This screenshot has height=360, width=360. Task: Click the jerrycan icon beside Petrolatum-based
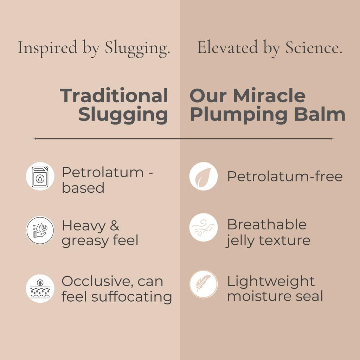pyautogui.click(x=40, y=176)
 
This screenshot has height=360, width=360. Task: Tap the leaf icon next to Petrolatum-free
pyautogui.click(x=204, y=176)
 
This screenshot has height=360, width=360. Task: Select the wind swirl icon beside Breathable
pyautogui.click(x=204, y=227)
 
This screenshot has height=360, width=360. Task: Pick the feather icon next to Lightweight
pyautogui.click(x=204, y=284)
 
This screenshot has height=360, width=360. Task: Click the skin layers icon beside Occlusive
pyautogui.click(x=40, y=288)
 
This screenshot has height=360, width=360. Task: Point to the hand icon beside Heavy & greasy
pyautogui.click(x=40, y=230)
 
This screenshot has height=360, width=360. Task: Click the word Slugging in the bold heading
pyautogui.click(x=123, y=115)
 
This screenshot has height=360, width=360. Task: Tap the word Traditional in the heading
pyautogui.click(x=114, y=96)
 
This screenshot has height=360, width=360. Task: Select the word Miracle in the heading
pyautogui.click(x=269, y=96)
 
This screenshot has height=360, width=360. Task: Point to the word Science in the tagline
pyautogui.click(x=313, y=47)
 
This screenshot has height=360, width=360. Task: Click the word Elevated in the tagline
pyautogui.click(x=227, y=47)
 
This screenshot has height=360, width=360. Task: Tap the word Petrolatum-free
pyautogui.click(x=285, y=176)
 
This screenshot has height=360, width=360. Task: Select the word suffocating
pyautogui.click(x=132, y=296)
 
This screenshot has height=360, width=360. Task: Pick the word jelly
pyautogui.click(x=241, y=241)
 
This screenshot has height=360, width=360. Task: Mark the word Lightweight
pyautogui.click(x=271, y=281)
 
